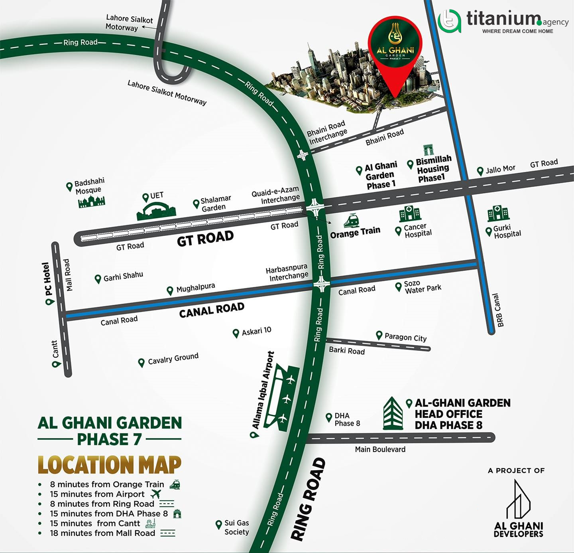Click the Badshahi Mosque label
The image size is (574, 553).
(89, 186)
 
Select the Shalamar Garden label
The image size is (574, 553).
(215, 203)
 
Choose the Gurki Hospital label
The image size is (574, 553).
(507, 231)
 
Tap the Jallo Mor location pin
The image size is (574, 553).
(480, 172)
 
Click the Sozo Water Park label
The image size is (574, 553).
(423, 286)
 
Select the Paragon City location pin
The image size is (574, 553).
(379, 336)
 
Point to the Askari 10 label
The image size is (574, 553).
(256, 331)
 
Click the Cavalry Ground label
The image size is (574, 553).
(173, 359)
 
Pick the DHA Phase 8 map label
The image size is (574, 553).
(347, 419)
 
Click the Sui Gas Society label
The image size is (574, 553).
(236, 527)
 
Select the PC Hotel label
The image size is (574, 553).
(47, 279)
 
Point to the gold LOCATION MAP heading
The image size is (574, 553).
(109, 465)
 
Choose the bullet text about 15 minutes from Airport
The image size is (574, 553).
(97, 494)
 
